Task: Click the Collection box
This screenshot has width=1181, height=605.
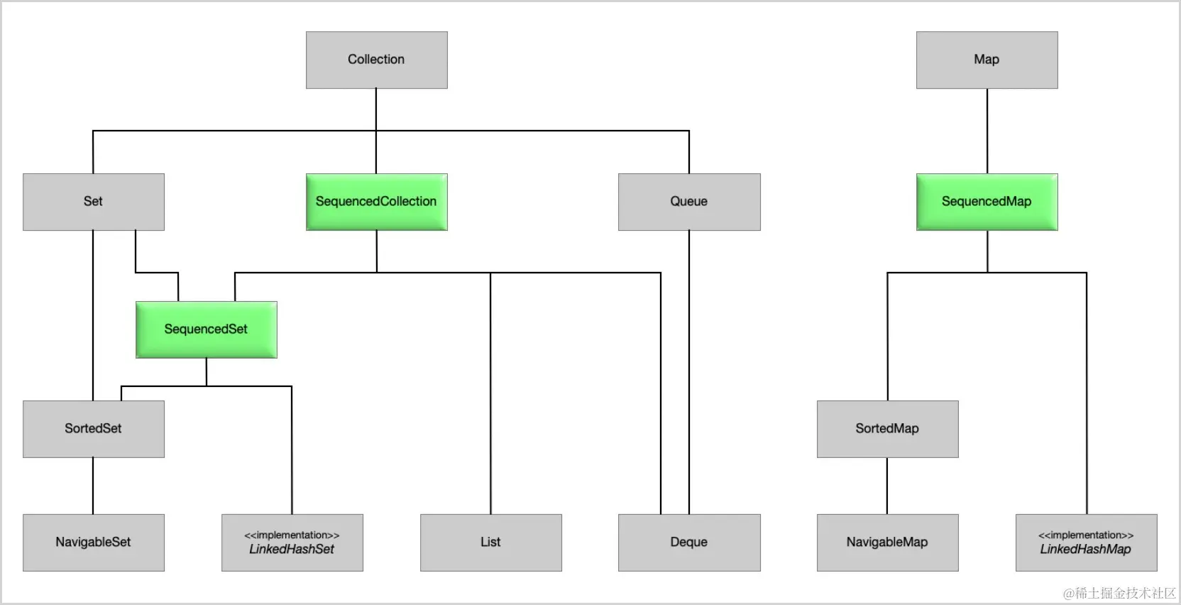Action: point(376,60)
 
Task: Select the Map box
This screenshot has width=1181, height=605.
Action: point(987,60)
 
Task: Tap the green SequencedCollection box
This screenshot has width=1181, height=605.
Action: point(376,202)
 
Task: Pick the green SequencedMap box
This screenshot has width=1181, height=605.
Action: point(987,202)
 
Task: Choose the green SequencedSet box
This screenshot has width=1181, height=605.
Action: point(206,329)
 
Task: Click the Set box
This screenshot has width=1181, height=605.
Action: point(93,202)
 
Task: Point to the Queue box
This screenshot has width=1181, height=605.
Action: point(689,202)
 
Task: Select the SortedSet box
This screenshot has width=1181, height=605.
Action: point(93,429)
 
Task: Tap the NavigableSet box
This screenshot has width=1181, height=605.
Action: point(93,543)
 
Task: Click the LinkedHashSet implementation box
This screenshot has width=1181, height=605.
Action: point(292,543)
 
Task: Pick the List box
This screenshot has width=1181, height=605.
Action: point(491,543)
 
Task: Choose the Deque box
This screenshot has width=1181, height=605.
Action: point(689,543)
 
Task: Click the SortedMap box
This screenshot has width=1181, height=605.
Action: point(887,429)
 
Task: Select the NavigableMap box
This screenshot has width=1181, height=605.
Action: point(887,543)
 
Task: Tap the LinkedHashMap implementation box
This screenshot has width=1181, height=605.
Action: point(1086,543)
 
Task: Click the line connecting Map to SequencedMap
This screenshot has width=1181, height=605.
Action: point(987,131)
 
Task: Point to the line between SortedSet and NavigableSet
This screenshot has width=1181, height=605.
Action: point(93,486)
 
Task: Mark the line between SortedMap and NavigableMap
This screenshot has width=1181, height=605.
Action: point(886,486)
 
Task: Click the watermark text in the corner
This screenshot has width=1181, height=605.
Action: point(1119,594)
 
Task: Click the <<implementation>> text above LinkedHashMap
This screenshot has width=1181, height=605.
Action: point(1086,535)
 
